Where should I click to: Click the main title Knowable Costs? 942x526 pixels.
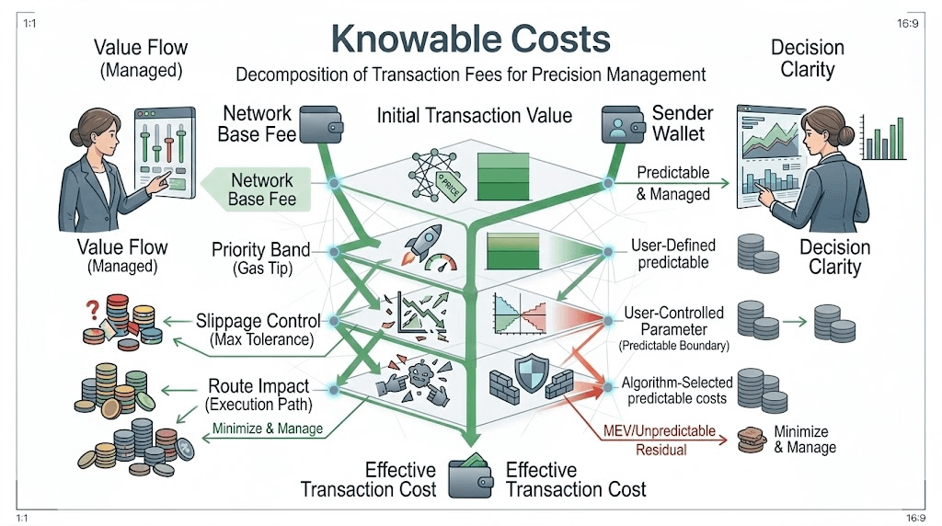click(470, 39)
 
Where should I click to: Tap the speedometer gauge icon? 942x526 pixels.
click(441, 260)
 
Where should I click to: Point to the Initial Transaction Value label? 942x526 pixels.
click(475, 116)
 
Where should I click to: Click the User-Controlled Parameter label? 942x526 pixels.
click(673, 322)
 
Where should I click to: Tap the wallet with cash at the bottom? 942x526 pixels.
click(471, 476)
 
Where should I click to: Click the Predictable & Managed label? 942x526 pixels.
click(673, 182)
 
